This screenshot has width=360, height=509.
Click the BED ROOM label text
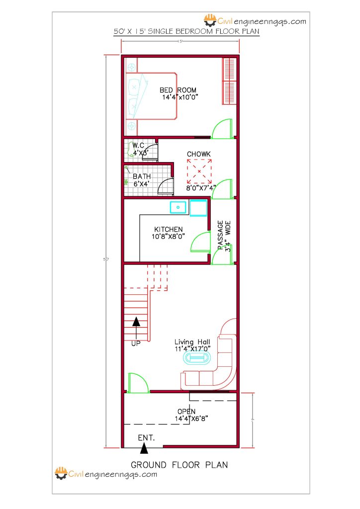click(178, 90)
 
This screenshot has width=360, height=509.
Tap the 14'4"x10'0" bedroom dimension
click(180, 97)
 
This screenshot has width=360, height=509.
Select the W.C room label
click(138, 145)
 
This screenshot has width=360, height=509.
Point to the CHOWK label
click(198, 154)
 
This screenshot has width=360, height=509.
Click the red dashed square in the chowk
click(199, 171)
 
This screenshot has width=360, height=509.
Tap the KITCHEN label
click(168, 229)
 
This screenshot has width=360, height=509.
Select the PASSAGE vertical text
click(221, 234)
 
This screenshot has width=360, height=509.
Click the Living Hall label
click(192, 342)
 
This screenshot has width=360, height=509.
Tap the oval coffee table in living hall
click(198, 358)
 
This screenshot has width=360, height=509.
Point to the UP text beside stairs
click(136, 343)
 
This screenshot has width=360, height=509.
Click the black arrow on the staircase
click(136, 328)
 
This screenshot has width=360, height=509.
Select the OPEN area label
click(186, 412)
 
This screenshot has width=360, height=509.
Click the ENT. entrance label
click(146, 438)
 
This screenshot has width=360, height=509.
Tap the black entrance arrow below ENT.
click(144, 448)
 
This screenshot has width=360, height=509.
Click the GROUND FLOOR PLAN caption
click(179, 465)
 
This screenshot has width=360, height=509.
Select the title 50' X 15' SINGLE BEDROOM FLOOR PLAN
click(186, 31)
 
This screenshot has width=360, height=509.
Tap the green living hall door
click(138, 383)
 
